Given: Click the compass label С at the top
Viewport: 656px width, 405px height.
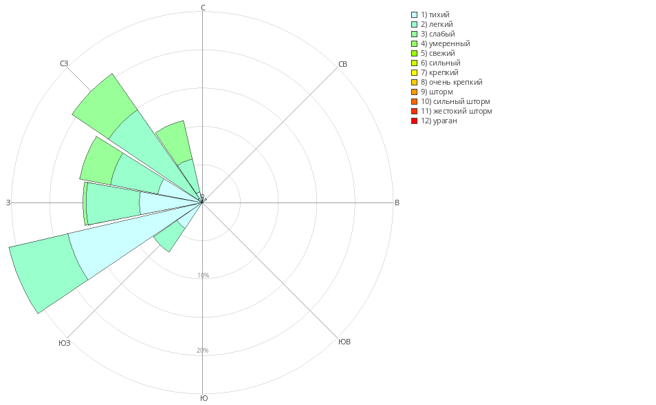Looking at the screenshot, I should tap(203, 8).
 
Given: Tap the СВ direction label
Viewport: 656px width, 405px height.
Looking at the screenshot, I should tap(343, 64).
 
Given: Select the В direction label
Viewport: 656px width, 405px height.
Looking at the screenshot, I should tap(397, 202).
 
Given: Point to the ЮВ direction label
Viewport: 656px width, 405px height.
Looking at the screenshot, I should tap(345, 342).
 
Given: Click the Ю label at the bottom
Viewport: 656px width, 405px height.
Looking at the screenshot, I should tap(204, 398).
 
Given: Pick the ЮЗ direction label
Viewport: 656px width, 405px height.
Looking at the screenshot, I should tap(64, 342).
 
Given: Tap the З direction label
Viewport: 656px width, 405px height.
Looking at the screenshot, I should tap(8, 202).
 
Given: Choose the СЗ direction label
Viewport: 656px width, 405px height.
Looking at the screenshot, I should tap(64, 63).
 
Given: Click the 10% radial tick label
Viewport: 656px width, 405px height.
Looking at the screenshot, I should tap(203, 276).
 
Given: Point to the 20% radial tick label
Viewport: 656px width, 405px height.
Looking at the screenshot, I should tap(203, 351).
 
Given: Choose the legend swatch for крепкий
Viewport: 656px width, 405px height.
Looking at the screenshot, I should tap(414, 72).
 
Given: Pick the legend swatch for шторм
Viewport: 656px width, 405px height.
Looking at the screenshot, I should tap(414, 92).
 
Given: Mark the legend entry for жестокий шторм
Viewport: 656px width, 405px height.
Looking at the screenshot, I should tap(456, 111).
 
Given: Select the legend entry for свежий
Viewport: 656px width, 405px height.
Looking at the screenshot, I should tap(437, 53).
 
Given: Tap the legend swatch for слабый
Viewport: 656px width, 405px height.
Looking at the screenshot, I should tap(414, 34).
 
